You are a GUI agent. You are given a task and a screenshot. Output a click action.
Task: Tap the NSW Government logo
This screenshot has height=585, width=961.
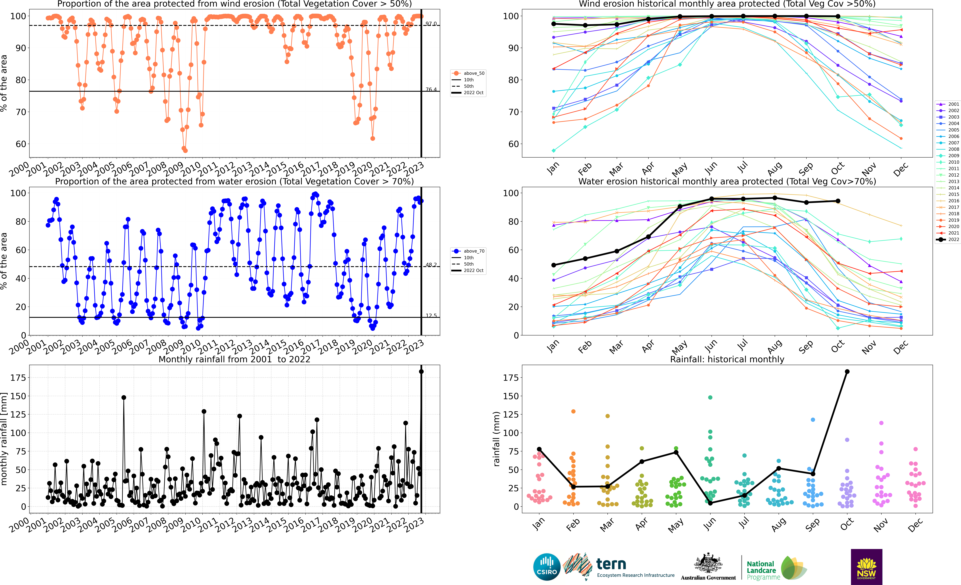(x=866, y=567)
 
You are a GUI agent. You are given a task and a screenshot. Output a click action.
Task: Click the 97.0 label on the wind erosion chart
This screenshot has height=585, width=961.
(x=431, y=24)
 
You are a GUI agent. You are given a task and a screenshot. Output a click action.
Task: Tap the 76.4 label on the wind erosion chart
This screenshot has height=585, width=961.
(x=431, y=89)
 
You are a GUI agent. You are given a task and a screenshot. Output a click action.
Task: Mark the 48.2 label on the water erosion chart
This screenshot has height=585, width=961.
(x=431, y=265)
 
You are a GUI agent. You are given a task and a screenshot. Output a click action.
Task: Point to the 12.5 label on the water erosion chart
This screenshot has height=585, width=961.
(x=431, y=316)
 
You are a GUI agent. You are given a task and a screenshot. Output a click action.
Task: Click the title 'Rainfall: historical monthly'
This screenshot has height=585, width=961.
(x=727, y=359)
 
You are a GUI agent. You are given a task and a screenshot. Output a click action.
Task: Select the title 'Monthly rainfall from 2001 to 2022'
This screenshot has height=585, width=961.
(x=234, y=359)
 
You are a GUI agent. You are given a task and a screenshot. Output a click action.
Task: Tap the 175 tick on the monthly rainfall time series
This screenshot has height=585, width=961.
(x=18, y=378)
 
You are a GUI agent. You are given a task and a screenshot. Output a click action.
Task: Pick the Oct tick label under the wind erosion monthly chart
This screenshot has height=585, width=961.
(x=837, y=168)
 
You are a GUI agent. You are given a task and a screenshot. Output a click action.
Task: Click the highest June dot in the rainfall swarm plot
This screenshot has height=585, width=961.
(x=710, y=397)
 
